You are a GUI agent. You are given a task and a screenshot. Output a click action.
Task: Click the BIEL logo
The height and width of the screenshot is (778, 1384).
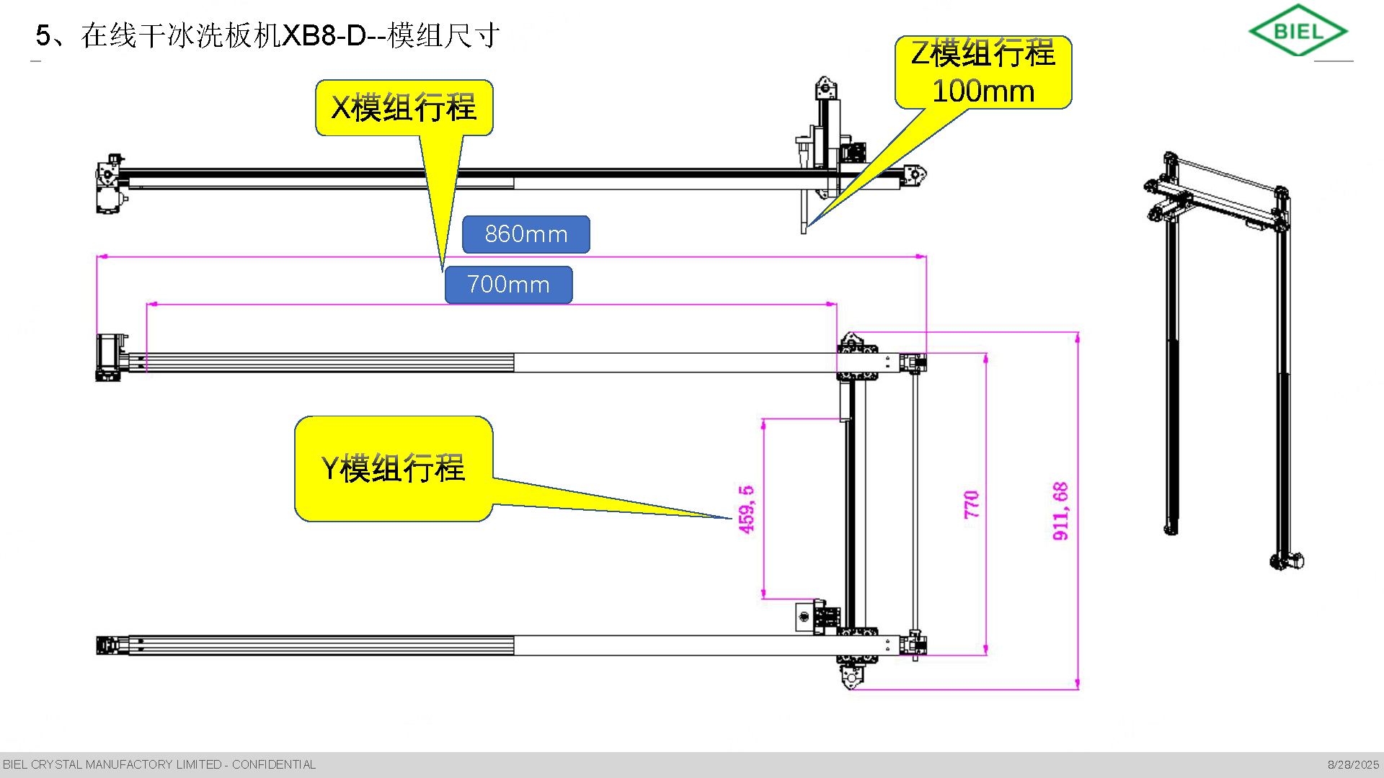point(1298,31)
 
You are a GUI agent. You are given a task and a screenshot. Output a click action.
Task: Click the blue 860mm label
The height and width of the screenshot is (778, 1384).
point(526,234)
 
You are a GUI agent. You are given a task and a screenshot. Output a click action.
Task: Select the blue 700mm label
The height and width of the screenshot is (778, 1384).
point(508,285)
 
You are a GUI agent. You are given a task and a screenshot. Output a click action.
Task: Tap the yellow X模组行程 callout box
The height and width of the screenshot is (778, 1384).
point(404,108)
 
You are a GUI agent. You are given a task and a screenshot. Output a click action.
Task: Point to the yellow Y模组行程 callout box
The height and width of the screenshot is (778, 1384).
point(394,468)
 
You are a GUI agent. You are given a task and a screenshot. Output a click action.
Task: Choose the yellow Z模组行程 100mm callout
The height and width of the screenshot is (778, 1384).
point(983,72)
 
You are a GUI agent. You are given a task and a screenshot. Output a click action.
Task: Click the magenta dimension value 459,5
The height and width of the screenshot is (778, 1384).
point(746,509)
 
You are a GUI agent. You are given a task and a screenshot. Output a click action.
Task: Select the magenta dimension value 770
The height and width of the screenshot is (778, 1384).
point(972,504)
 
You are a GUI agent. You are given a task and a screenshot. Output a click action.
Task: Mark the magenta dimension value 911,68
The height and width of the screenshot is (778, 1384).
point(1060,511)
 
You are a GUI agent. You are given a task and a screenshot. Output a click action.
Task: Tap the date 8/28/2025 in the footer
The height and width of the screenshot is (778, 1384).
point(1353,764)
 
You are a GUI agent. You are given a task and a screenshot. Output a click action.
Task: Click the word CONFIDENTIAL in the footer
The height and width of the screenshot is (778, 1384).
point(274,764)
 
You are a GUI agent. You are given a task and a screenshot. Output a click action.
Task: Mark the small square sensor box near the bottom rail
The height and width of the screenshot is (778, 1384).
point(804,617)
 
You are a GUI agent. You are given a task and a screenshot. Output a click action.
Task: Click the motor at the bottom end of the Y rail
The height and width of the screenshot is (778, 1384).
point(851,676)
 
